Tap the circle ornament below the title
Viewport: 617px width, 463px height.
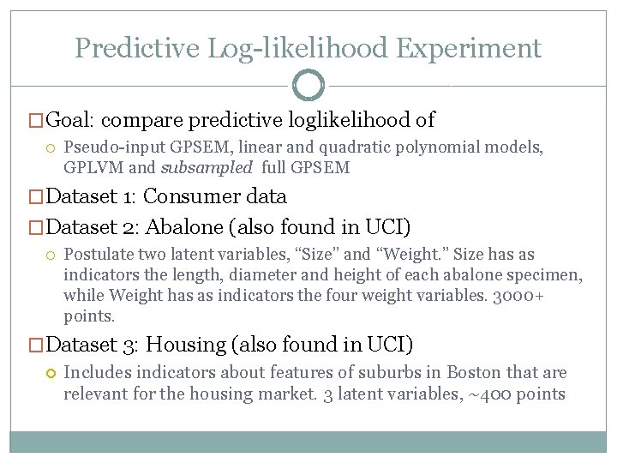click(x=308, y=86)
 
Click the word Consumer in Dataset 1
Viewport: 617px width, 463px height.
click(x=193, y=196)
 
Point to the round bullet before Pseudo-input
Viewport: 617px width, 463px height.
click(x=50, y=148)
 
